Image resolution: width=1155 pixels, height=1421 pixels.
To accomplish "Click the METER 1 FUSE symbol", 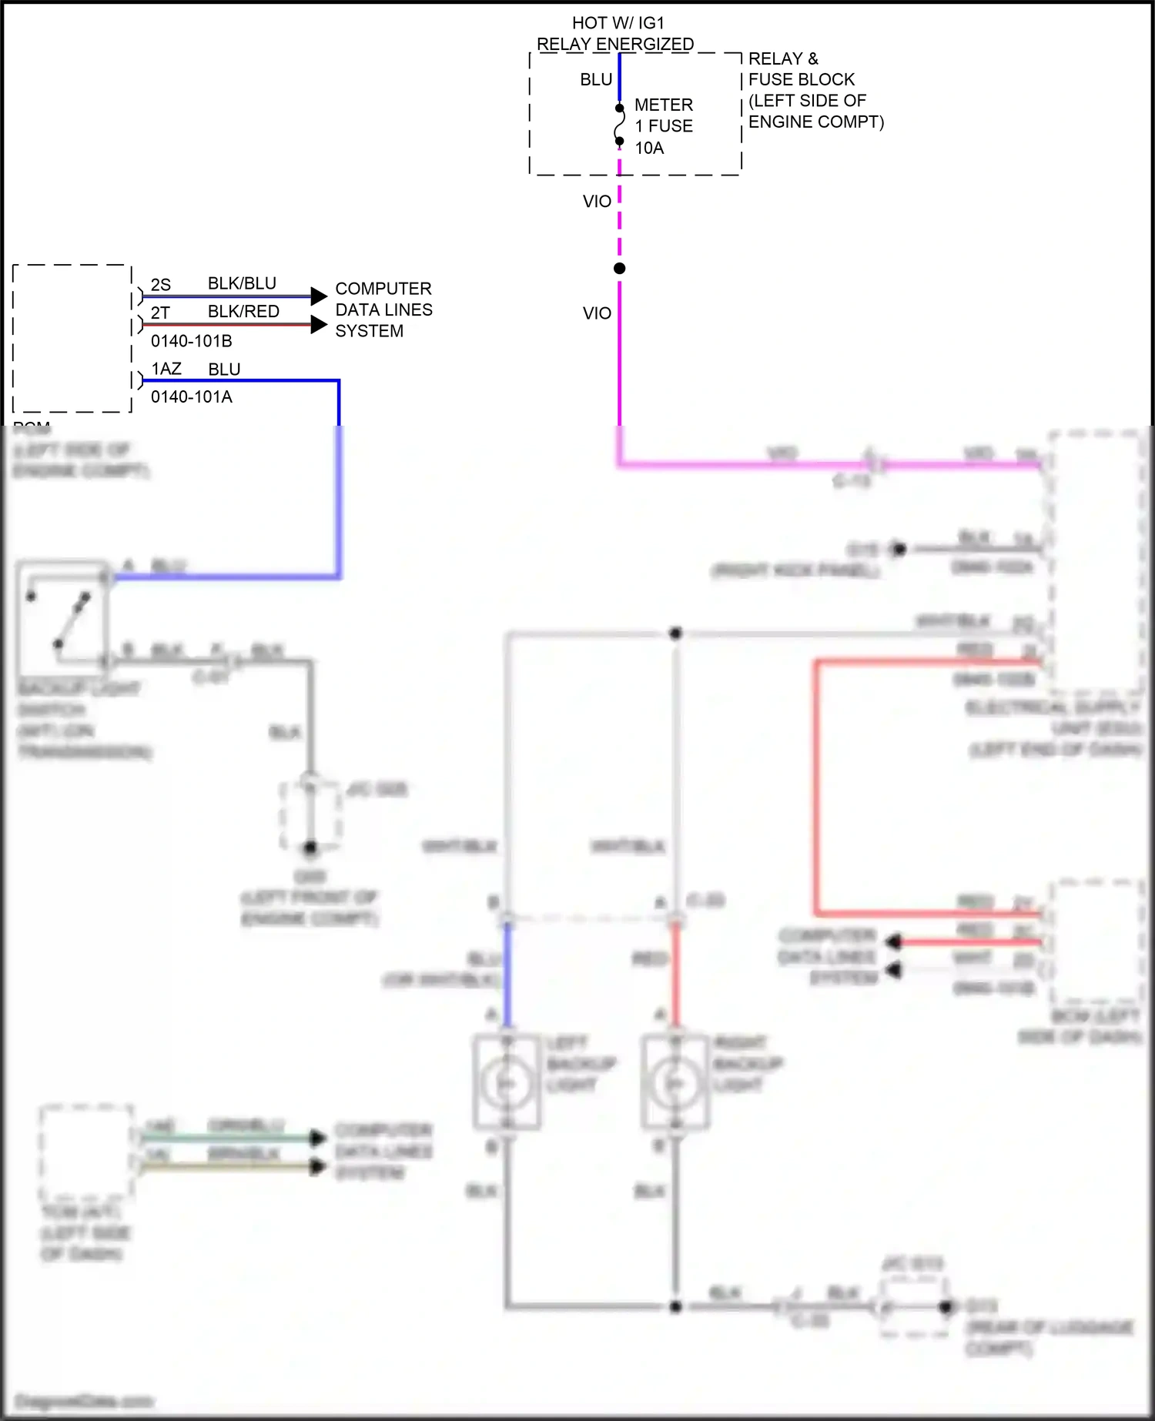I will [619, 125].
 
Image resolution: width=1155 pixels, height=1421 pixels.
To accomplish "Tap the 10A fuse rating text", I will [649, 148].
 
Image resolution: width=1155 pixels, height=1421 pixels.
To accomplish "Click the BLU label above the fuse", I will [596, 80].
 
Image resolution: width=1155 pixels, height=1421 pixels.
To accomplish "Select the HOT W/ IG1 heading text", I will [618, 24].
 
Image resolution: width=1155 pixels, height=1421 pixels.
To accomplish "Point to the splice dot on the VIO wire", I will [619, 269].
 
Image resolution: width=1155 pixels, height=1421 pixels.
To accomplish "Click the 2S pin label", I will [161, 285].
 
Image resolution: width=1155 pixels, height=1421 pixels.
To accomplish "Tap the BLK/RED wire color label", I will [243, 312].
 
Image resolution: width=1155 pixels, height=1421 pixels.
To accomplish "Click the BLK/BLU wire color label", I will [242, 283].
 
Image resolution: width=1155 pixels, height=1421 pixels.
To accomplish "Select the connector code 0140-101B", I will [191, 341].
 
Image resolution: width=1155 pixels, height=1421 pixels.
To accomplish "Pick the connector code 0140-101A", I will [191, 397].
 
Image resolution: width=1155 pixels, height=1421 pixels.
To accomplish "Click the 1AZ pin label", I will [166, 369].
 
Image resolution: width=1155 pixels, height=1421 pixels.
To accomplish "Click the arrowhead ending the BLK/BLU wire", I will [319, 296].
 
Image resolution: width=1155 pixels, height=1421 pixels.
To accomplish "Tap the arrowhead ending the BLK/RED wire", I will [319, 324].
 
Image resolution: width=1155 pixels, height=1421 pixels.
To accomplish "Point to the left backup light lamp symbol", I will [506, 1084].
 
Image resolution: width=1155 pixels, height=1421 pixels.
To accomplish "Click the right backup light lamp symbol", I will [675, 1084].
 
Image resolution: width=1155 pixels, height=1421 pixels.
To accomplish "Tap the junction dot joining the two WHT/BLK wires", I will [675, 634].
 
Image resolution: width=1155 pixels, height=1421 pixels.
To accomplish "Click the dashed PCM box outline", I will [14, 339].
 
